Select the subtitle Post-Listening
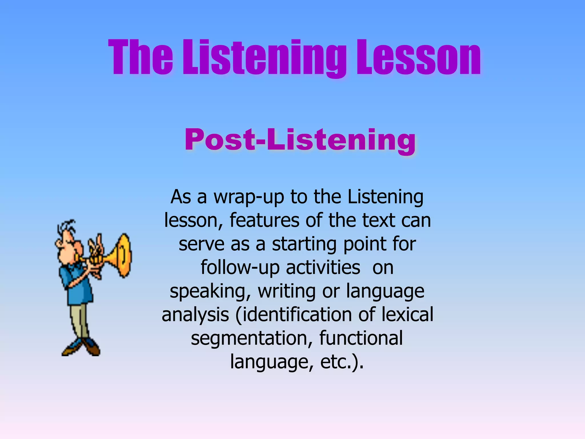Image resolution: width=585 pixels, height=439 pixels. point(300,140)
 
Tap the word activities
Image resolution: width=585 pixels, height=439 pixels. point(323,268)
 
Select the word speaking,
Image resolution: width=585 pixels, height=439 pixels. point(210,292)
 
